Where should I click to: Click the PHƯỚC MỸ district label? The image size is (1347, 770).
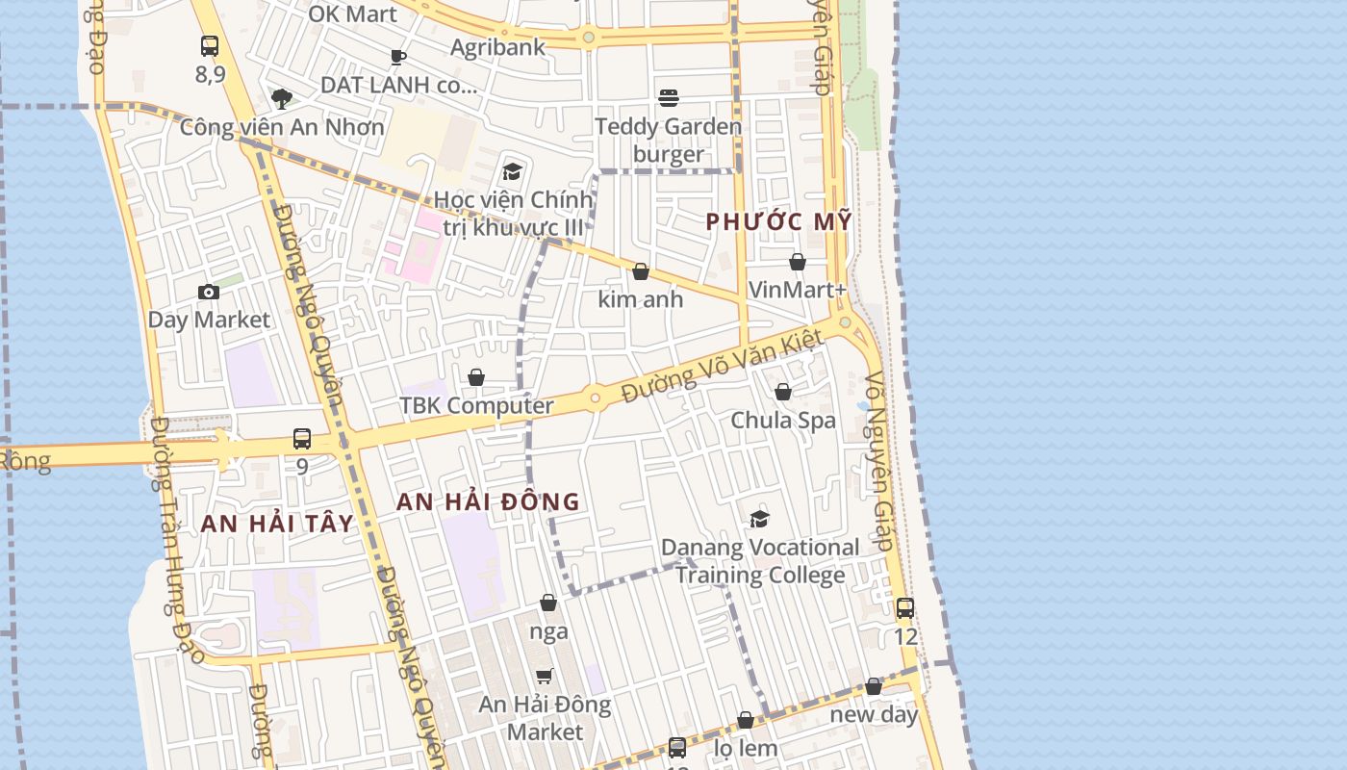pyautogui.click(x=778, y=221)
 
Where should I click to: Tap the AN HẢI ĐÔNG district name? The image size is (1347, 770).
pyautogui.click(x=488, y=501)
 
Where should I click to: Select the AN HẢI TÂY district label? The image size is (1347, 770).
pyautogui.click(x=277, y=524)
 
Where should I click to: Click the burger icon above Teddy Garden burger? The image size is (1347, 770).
pyautogui.click(x=669, y=97)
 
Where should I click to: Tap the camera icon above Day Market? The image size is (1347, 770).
pyautogui.click(x=209, y=292)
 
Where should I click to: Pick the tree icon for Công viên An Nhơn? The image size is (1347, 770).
pyautogui.click(x=282, y=98)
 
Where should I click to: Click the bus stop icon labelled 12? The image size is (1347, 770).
pyautogui.click(x=904, y=608)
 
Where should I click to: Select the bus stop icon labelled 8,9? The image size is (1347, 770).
pyautogui.click(x=210, y=45)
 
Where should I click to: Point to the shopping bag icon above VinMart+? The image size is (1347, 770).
pyautogui.click(x=797, y=262)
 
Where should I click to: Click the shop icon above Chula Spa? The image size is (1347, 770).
pyautogui.click(x=783, y=392)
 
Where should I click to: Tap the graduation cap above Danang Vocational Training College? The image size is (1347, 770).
pyautogui.click(x=759, y=519)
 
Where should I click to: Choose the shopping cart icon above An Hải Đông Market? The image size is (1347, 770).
pyautogui.click(x=545, y=677)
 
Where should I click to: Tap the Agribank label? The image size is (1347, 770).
pyautogui.click(x=497, y=47)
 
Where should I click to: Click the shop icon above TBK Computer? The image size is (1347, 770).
pyautogui.click(x=476, y=377)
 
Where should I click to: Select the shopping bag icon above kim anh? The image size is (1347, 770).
pyautogui.click(x=641, y=271)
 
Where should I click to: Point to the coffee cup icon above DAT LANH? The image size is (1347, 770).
pyautogui.click(x=398, y=57)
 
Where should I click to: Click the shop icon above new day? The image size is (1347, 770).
pyautogui.click(x=874, y=686)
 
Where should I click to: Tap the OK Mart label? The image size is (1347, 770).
pyautogui.click(x=352, y=13)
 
